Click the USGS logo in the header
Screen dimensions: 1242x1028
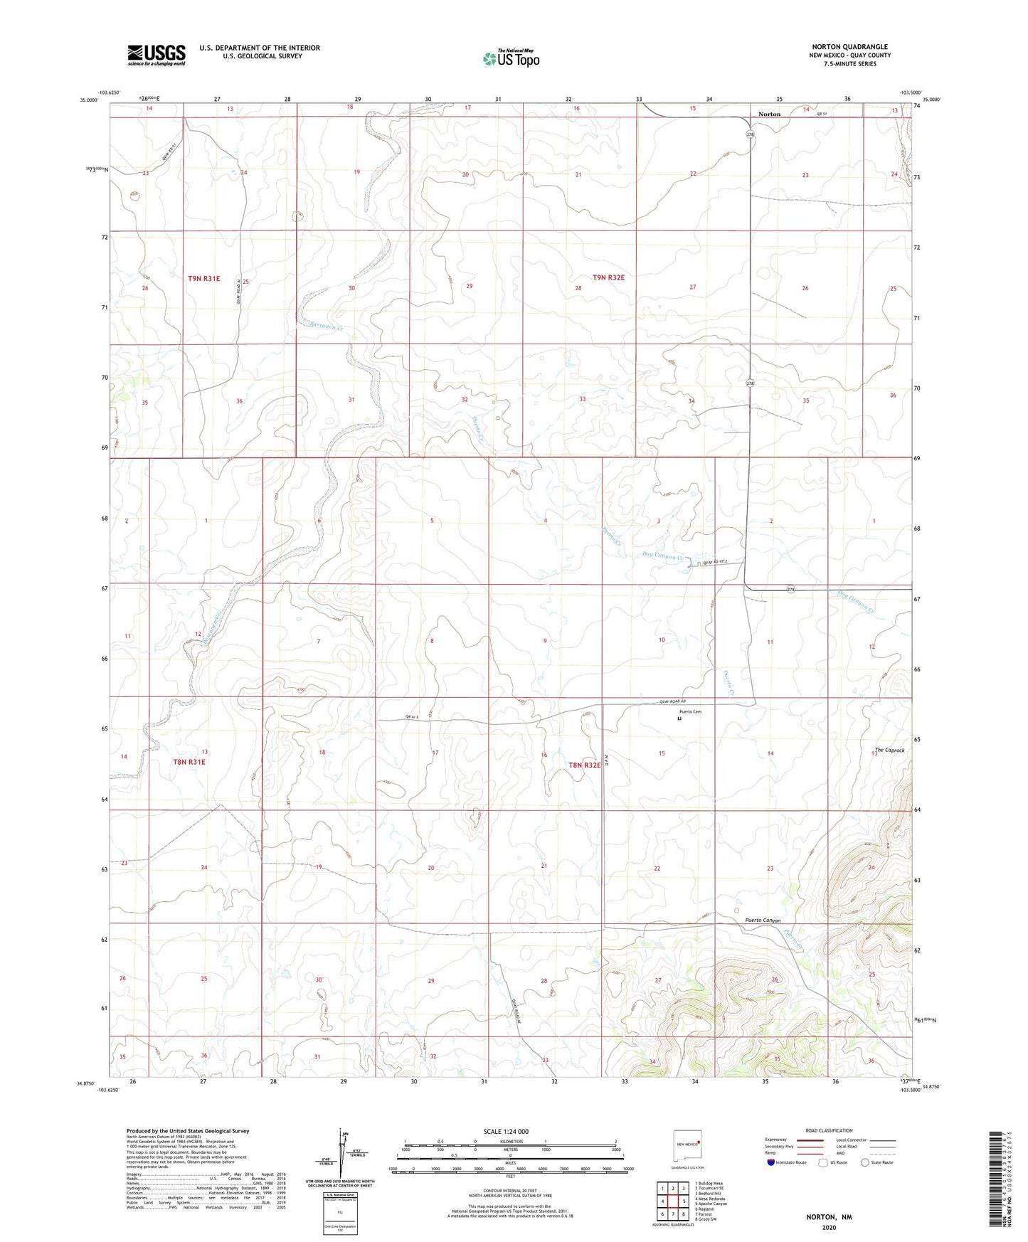pyautogui.click(x=157, y=54)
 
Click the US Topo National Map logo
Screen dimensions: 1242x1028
pyautogui.click(x=511, y=58)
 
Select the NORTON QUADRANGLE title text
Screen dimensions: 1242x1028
pyautogui.click(x=849, y=46)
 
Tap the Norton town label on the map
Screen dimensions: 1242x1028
pyautogui.click(x=769, y=114)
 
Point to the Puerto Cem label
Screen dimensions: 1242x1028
pyautogui.click(x=689, y=712)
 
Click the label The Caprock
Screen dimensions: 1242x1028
pyautogui.click(x=889, y=750)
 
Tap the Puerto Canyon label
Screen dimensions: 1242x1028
pyautogui.click(x=763, y=920)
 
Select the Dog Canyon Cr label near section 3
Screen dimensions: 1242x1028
pyautogui.click(x=662, y=557)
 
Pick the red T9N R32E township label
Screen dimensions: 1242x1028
pyautogui.click(x=608, y=277)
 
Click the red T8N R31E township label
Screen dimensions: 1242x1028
pyautogui.click(x=189, y=762)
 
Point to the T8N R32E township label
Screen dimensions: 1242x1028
pyautogui.click(x=584, y=765)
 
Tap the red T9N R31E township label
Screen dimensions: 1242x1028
pyautogui.click(x=204, y=278)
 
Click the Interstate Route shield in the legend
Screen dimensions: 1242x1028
pyautogui.click(x=772, y=1162)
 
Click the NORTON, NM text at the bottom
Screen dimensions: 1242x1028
pyautogui.click(x=829, y=1217)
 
